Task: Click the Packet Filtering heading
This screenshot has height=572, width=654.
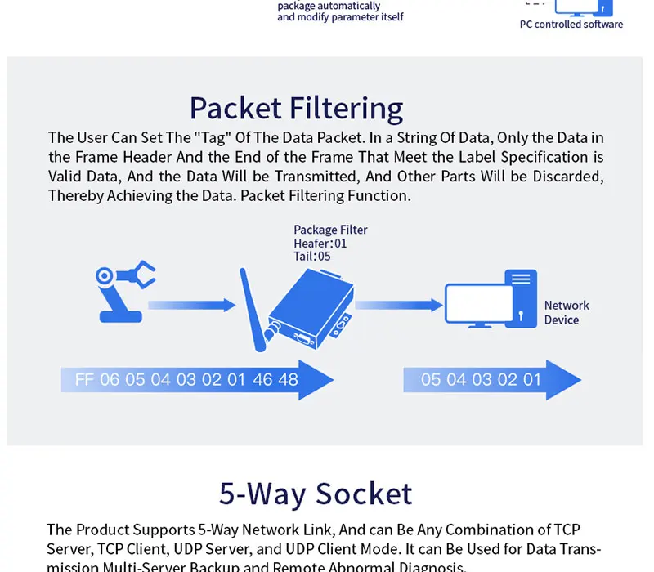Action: pos(296,108)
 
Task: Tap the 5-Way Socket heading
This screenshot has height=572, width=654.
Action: pos(316,494)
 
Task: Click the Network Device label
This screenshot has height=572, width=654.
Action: pos(566,312)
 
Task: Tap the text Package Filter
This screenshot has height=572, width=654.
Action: pos(330,230)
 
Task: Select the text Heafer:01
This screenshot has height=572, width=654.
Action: pos(320,243)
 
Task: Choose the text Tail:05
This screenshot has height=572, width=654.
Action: pos(311,256)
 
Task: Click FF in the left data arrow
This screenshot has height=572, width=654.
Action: pos(84,380)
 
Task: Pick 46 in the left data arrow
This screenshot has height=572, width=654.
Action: pos(263,380)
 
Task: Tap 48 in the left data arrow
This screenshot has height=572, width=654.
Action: pos(288,380)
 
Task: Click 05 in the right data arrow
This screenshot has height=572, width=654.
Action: pos(431,380)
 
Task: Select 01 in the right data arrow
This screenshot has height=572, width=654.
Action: pos(532,380)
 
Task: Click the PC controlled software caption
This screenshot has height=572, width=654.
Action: pos(571,25)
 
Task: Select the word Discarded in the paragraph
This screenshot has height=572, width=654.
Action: pos(564,177)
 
